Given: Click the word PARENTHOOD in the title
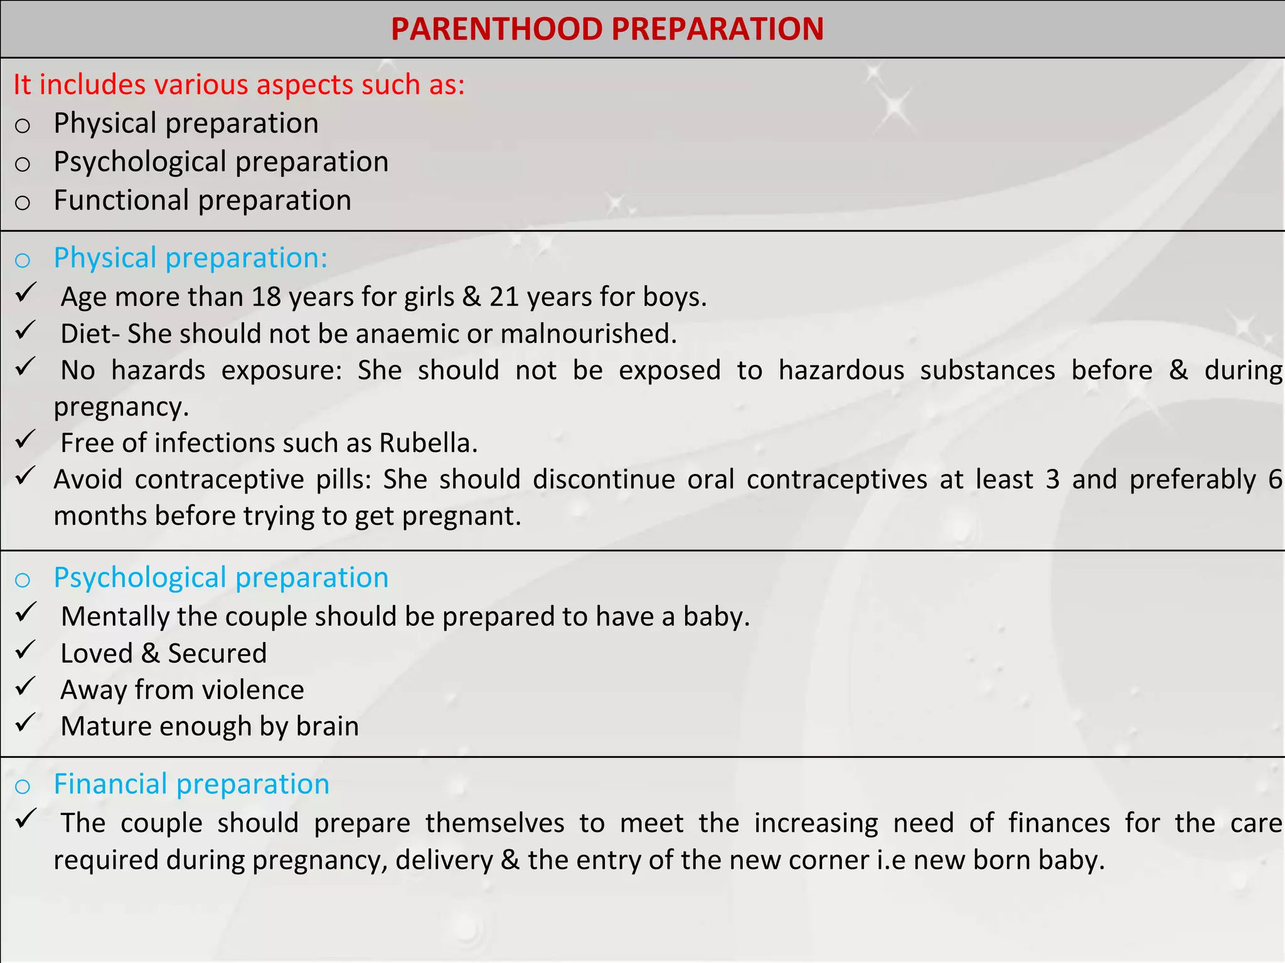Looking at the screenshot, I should click(x=496, y=29).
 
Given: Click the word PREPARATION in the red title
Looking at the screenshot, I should click(x=717, y=29).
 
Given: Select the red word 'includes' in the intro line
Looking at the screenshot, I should click(x=93, y=85).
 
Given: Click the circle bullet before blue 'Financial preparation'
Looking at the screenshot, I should click(x=23, y=786).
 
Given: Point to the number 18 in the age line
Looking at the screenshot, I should click(x=266, y=297).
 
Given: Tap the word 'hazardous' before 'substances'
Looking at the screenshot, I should click(x=841, y=370).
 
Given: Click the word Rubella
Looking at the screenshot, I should click(x=428, y=443).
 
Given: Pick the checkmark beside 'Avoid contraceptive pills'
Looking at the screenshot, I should click(x=25, y=476).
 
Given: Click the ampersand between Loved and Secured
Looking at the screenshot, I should click(x=150, y=653).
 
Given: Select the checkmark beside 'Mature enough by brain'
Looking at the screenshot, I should click(x=25, y=723).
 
